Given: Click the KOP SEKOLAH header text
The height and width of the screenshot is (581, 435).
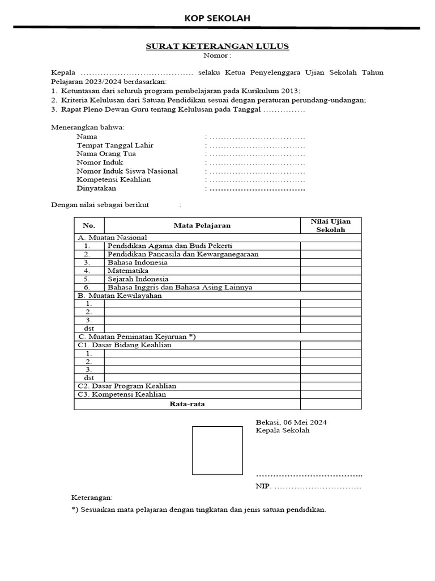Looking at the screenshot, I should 217,18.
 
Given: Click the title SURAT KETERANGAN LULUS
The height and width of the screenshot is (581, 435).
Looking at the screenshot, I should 217,46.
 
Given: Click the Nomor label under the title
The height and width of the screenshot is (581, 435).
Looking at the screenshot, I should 217,55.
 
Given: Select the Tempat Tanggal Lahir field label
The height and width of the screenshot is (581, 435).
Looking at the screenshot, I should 115,145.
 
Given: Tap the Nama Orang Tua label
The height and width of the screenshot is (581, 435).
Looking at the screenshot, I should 106,154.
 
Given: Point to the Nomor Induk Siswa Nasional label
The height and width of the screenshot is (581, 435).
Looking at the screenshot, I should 127,171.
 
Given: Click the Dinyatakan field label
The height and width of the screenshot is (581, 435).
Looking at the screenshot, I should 96,188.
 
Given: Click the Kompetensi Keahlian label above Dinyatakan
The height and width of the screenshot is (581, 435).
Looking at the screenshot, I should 114,179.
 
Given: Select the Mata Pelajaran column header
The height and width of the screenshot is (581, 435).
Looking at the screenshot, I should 202,225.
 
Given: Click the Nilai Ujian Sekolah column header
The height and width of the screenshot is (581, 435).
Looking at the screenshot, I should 330,225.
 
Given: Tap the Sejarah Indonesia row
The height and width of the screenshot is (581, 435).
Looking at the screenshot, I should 138,279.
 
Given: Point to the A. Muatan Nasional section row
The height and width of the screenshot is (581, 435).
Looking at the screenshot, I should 112,237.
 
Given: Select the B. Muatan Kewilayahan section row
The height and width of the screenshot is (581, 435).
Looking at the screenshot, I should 120,295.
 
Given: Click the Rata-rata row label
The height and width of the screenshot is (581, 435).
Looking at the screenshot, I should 187,404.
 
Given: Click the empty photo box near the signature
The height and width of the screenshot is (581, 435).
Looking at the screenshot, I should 217,451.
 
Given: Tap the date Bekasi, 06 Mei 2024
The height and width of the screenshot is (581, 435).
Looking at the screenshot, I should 291,422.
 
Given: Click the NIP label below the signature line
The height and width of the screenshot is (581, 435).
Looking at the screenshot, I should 263,486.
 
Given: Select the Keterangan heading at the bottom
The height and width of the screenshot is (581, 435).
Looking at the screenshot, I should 92,497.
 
